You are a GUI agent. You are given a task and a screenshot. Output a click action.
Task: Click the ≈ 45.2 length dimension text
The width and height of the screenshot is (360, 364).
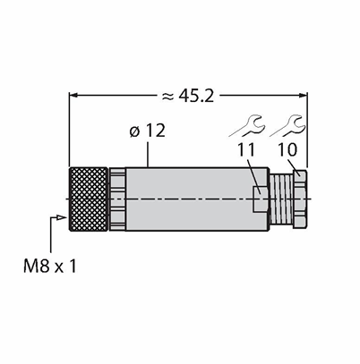click(187, 96)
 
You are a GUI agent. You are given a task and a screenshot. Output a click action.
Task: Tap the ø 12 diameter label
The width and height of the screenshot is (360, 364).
click(148, 131)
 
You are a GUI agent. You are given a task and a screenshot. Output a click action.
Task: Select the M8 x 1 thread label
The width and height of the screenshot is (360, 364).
click(50, 267)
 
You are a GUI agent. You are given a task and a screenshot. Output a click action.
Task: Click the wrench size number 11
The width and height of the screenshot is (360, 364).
click(246, 149)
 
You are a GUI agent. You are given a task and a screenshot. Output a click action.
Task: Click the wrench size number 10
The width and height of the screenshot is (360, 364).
click(287, 149)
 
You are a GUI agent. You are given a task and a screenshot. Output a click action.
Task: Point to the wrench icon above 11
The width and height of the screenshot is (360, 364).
click(247, 126)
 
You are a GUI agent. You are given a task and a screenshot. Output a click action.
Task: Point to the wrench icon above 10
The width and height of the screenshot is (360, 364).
click(287, 126)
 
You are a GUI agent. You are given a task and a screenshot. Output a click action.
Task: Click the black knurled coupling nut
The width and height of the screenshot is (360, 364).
click(89, 199)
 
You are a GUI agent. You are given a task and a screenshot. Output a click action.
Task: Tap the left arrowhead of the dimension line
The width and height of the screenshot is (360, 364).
click(73, 96)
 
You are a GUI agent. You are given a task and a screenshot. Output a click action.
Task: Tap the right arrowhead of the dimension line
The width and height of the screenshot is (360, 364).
click(303, 96)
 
